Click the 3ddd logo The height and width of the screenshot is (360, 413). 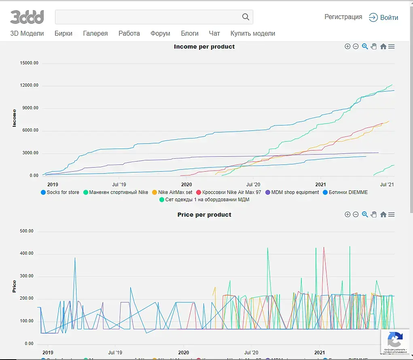click(27, 17)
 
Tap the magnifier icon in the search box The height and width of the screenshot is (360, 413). click(246, 17)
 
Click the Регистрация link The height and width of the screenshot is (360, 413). click(343, 17)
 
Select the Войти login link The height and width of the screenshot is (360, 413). click(383, 17)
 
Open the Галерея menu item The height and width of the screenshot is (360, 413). click(95, 34)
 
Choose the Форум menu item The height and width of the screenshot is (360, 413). click(160, 34)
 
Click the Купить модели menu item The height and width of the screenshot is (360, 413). click(253, 34)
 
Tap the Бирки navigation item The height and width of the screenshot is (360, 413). click(64, 34)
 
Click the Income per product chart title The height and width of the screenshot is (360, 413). click(204, 47)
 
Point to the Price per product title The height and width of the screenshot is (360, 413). click(204, 215)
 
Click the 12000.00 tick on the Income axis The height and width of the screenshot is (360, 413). click(30, 85)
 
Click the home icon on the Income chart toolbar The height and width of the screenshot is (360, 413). click(383, 47)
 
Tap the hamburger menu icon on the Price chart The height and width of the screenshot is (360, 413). click(392, 215)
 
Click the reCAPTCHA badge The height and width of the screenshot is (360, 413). click(395, 341)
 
